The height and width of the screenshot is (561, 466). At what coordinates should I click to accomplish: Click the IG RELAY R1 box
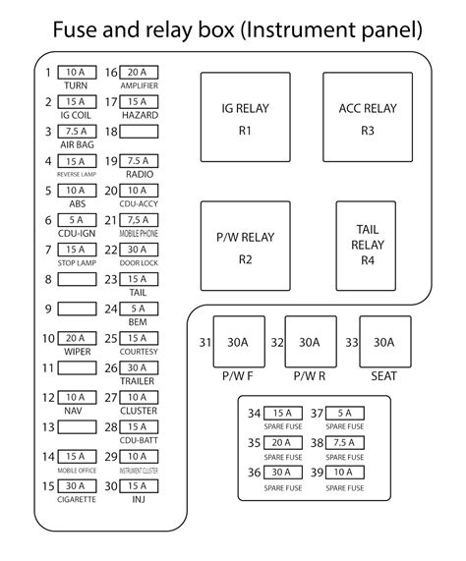pyautogui.click(x=244, y=116)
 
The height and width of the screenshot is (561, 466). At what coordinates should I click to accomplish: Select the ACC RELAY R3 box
pyautogui.click(x=368, y=116)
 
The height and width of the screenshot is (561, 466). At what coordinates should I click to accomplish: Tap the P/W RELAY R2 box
pyautogui.click(x=244, y=247)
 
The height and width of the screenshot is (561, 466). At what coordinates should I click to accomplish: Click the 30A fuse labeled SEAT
pyautogui.click(x=384, y=342)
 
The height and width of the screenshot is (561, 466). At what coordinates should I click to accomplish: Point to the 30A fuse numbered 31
pyautogui.click(x=238, y=342)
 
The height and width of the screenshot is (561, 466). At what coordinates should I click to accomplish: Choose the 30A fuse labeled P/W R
pyautogui.click(x=310, y=342)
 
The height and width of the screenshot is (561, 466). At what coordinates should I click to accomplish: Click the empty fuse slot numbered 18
pyautogui.click(x=138, y=131)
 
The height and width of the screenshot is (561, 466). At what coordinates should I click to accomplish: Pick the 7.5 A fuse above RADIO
pyautogui.click(x=138, y=161)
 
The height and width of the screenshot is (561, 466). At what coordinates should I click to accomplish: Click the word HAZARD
pyautogui.click(x=138, y=115)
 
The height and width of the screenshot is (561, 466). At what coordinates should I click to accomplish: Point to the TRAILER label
pyautogui.click(x=138, y=381)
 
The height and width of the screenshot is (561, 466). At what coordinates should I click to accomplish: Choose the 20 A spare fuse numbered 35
pyautogui.click(x=281, y=443)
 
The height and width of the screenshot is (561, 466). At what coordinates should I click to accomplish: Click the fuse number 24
pyautogui.click(x=110, y=309)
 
